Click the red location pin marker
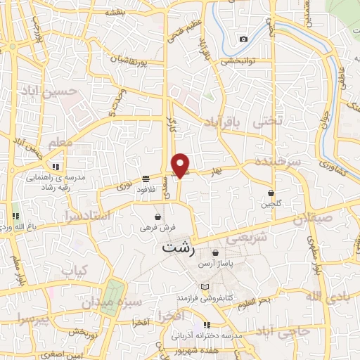(181, 164)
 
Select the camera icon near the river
(243, 39)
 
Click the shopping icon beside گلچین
(271, 193)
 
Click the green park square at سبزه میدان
(112, 293)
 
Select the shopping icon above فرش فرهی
(157, 216)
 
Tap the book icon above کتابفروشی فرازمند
(205, 287)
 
